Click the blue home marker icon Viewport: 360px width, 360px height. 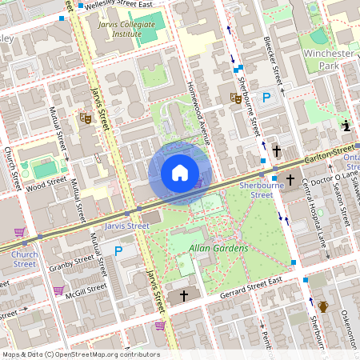coord(180,173)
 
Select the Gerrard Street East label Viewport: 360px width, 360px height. coord(252,290)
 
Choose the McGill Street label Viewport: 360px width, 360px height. coord(86,291)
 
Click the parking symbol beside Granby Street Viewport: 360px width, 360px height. coord(118,251)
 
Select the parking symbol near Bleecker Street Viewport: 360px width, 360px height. coord(267,97)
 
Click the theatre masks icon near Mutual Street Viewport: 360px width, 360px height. coord(85,118)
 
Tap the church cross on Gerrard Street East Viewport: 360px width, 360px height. coord(184,296)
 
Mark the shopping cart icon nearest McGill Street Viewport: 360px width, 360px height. coord(58,290)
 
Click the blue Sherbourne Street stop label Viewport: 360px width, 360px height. coord(257,190)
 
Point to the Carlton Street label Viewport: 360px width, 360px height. coord(328,150)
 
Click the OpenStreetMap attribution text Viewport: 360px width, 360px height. coord(80,354)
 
